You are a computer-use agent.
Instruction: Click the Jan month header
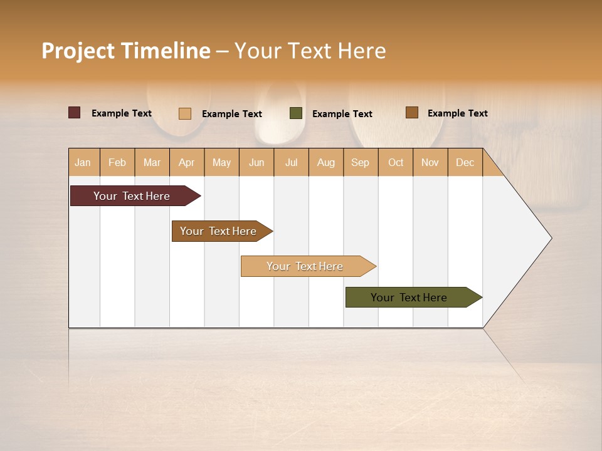coord(83,162)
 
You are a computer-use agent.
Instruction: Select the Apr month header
coord(187,162)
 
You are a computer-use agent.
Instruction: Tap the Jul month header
coord(291,162)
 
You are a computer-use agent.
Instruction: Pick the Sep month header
coord(361,162)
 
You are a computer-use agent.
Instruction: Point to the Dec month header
coord(465,162)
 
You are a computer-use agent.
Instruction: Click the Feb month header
coord(117,162)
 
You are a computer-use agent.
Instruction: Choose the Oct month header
coord(396,162)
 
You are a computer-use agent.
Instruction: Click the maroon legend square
coord(75,113)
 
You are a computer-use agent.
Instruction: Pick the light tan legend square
coord(185,113)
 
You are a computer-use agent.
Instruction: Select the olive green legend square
coord(296,113)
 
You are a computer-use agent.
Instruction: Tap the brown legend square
coord(412,113)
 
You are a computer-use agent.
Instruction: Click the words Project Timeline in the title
coord(126,51)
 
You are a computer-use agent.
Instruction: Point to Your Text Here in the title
coord(310,51)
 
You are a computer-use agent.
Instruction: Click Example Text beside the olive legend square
coord(342,114)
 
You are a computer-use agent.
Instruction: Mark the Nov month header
coord(430,162)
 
